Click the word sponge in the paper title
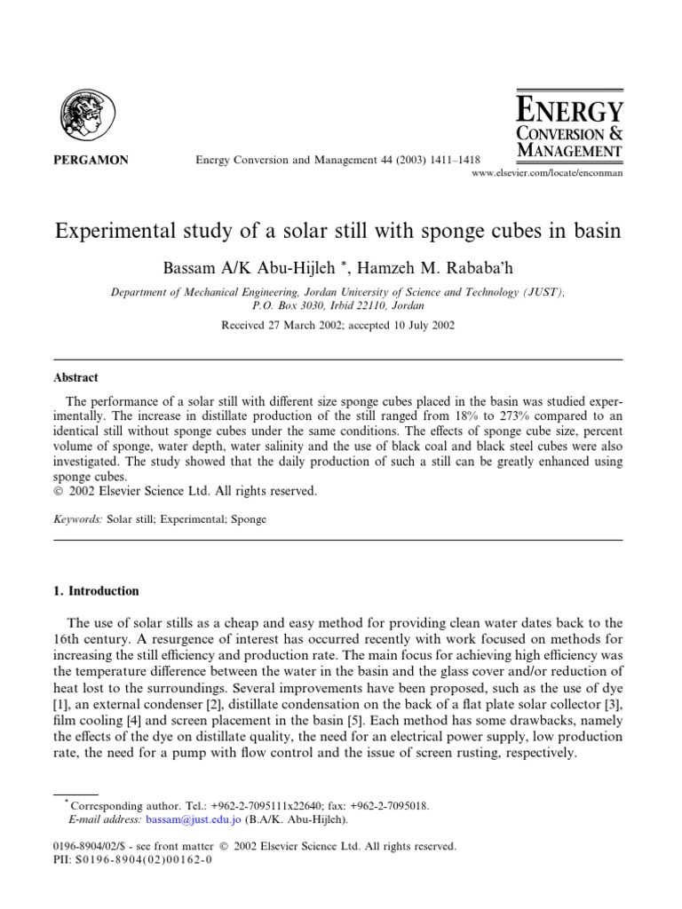pos(455,231)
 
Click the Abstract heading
pos(75,377)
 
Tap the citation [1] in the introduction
pos(61,704)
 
